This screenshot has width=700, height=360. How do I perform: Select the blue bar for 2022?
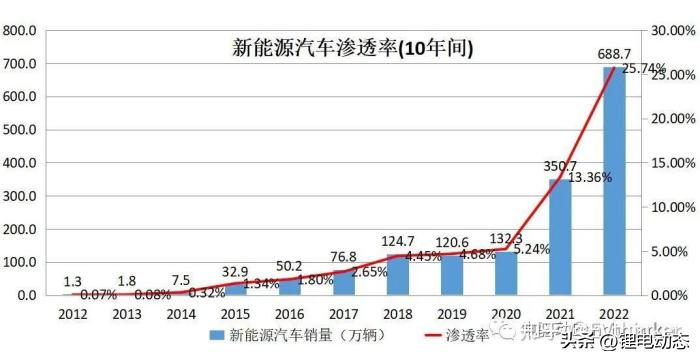point(613,181)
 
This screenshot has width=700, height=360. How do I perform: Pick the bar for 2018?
point(397,275)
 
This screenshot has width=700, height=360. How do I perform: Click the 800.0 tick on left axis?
point(21,31)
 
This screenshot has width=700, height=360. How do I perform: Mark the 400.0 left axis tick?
point(21,163)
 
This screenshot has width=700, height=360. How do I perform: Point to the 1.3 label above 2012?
point(72,281)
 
